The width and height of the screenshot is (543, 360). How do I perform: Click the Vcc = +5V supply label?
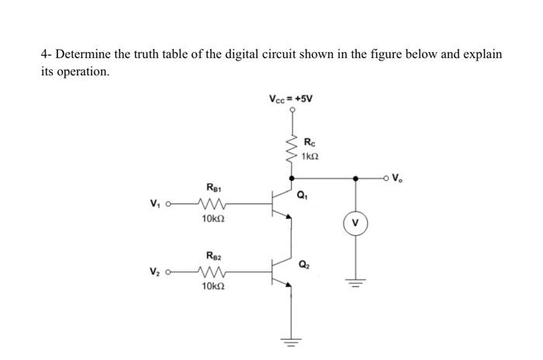pos(291,99)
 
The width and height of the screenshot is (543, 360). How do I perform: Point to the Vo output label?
pos(397,178)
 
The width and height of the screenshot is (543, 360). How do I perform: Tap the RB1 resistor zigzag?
pos(212,206)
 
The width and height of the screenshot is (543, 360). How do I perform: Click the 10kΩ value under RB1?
pos(212,220)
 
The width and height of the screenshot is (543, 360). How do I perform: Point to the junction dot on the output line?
pos(356,178)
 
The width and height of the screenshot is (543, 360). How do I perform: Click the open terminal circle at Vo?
pos(386,178)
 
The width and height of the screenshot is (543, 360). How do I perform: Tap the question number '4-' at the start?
pos(46,55)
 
